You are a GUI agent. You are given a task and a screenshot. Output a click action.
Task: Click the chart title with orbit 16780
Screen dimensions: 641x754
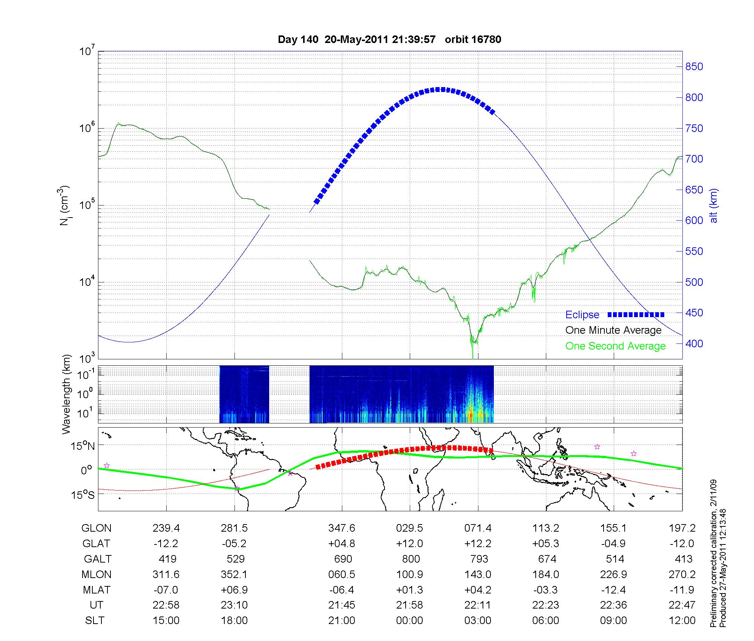[389, 40]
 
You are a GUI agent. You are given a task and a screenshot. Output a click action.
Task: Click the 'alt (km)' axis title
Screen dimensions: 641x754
[714, 205]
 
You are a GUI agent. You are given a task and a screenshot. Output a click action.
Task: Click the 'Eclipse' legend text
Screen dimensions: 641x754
[582, 315]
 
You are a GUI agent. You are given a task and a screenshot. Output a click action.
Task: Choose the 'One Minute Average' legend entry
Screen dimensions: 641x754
[613, 330]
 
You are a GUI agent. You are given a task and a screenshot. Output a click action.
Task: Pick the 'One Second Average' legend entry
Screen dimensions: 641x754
[615, 346]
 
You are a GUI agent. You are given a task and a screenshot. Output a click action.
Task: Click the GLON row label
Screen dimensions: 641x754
[96, 528]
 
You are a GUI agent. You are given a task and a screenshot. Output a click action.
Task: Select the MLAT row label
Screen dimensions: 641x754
[96, 590]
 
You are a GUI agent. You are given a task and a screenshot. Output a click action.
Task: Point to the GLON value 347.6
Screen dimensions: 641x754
[342, 528]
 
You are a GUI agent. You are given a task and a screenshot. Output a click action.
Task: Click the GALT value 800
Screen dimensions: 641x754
[411, 559]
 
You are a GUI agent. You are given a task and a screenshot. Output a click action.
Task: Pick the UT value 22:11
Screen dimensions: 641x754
[478, 605]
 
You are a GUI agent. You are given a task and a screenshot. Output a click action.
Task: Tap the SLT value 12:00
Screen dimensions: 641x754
[682, 621]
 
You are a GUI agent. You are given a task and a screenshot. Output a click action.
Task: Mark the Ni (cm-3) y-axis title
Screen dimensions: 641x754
[64, 205]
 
